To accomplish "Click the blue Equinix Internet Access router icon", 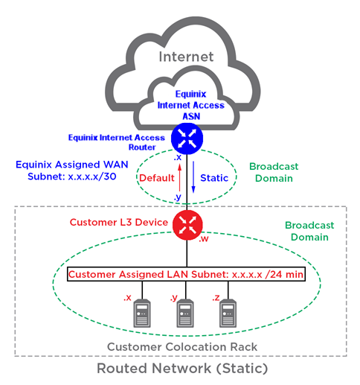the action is click(187, 139).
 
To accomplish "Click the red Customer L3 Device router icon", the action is click(187, 225).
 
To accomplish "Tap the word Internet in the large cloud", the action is click(186, 57).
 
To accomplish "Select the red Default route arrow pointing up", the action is click(180, 178).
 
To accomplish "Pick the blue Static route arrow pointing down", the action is click(193, 177).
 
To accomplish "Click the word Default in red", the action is click(157, 178).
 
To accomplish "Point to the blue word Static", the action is click(214, 178).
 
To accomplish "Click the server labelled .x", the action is click(142, 314).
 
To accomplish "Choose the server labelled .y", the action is click(185, 314).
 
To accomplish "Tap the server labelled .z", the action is click(228, 314).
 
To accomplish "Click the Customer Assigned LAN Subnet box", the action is click(186, 274).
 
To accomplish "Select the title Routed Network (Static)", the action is click(182, 368).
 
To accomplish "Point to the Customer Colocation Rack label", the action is click(182, 347).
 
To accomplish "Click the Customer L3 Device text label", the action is click(119, 222).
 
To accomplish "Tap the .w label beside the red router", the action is click(204, 238).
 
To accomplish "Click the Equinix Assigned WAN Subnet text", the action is click(72, 171).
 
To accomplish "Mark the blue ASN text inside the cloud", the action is click(191, 116).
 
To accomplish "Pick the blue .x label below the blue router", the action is click(178, 157).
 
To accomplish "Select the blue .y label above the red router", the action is click(178, 197).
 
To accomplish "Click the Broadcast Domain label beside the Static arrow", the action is click(274, 172).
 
